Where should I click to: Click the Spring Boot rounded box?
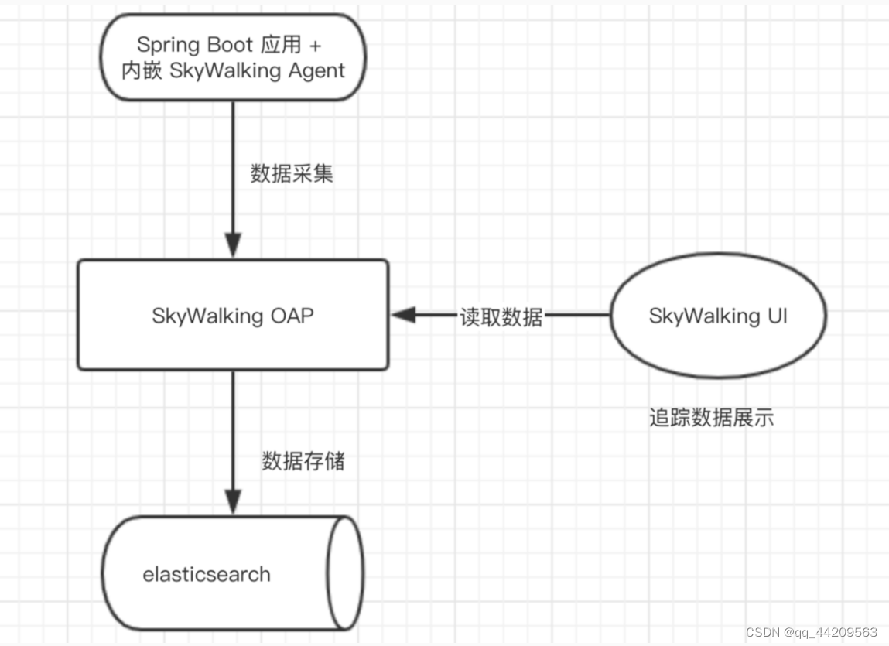click(232, 57)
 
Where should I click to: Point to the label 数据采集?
click(292, 173)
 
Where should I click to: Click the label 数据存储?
click(303, 462)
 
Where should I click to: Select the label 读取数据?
click(501, 316)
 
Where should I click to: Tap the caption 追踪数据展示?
click(711, 419)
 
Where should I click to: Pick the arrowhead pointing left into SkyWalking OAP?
click(402, 315)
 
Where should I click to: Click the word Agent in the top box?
click(313, 70)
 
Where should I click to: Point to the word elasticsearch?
click(207, 575)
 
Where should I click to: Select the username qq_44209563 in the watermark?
click(836, 632)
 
